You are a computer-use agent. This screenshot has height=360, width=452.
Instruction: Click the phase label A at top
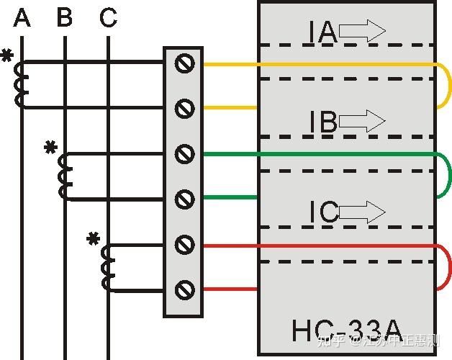[22, 17]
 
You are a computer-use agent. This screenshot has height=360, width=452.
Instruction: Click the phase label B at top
[65, 17]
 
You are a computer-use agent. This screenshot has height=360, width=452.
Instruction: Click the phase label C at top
[108, 17]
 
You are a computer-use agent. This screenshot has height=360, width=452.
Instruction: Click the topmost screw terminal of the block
[185, 63]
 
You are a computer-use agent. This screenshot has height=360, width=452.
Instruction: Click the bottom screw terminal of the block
[185, 289]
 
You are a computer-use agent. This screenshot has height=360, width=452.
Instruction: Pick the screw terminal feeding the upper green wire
[185, 154]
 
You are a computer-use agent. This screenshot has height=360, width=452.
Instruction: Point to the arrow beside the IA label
[362, 31]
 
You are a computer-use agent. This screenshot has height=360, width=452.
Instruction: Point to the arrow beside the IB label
[362, 121]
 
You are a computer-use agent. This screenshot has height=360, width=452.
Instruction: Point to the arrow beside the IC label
[362, 212]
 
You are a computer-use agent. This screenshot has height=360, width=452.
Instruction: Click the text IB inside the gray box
[323, 122]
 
